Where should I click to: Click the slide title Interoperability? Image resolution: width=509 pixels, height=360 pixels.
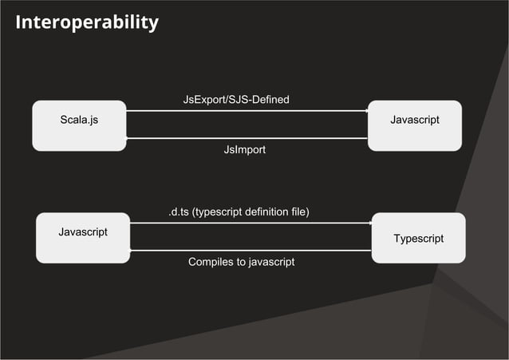[86, 22]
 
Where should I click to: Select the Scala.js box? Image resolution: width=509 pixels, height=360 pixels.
[79, 125]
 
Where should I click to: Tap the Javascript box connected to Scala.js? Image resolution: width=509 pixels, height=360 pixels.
[414, 125]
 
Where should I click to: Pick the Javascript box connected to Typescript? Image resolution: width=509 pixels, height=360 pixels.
[83, 237]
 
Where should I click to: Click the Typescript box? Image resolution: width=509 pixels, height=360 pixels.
[418, 238]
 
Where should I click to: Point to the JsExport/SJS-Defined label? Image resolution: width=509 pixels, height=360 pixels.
[236, 100]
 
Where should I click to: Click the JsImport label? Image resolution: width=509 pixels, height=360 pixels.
[244, 149]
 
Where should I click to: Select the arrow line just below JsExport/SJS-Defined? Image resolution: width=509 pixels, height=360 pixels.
[247, 111]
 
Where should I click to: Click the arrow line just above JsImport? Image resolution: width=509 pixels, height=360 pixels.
[247, 138]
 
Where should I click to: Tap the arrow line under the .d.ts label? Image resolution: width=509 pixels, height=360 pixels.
[251, 224]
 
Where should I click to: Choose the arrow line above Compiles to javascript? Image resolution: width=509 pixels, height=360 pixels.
[251, 251]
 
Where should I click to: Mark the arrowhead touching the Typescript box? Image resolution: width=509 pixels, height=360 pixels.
[370, 224]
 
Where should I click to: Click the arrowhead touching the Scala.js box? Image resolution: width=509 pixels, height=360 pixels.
[128, 138]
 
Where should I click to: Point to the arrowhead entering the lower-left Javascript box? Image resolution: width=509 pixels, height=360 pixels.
[132, 251]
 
